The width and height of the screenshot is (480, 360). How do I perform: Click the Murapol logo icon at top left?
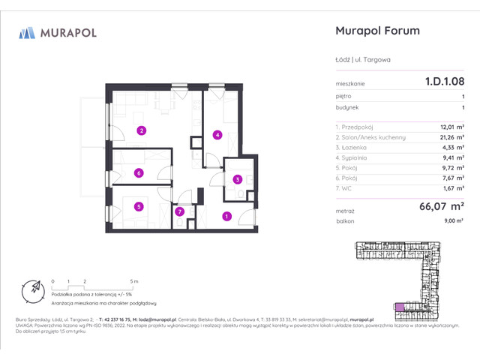coord(28,32)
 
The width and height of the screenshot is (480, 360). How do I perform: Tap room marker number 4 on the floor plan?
coord(217,135)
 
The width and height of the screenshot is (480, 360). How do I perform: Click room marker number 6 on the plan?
coord(139,173)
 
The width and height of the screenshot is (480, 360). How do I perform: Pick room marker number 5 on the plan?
coord(139,207)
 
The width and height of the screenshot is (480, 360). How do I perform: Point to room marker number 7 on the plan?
coord(179,212)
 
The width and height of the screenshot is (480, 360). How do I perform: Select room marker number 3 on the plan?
coord(237,179)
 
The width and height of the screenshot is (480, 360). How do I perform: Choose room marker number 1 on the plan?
coord(226,217)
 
